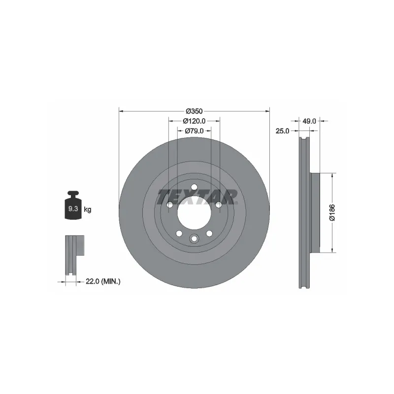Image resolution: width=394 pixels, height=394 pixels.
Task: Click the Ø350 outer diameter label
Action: click(x=194, y=111)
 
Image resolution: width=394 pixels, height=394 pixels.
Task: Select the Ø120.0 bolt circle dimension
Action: click(x=194, y=121)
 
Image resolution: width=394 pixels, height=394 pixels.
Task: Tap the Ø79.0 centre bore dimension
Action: click(x=194, y=131)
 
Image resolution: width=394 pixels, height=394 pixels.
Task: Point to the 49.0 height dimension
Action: click(x=309, y=121)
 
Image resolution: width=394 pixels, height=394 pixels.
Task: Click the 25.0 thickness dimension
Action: click(x=282, y=131)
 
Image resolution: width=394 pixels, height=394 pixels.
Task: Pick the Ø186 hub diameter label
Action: click(x=332, y=213)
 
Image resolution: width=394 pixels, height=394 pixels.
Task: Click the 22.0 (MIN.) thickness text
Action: click(x=103, y=281)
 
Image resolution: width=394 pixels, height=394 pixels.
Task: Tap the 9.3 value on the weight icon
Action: click(x=73, y=208)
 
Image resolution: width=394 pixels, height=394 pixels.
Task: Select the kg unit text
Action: click(x=88, y=209)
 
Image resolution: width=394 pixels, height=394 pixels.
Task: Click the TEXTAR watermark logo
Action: click(x=197, y=197)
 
